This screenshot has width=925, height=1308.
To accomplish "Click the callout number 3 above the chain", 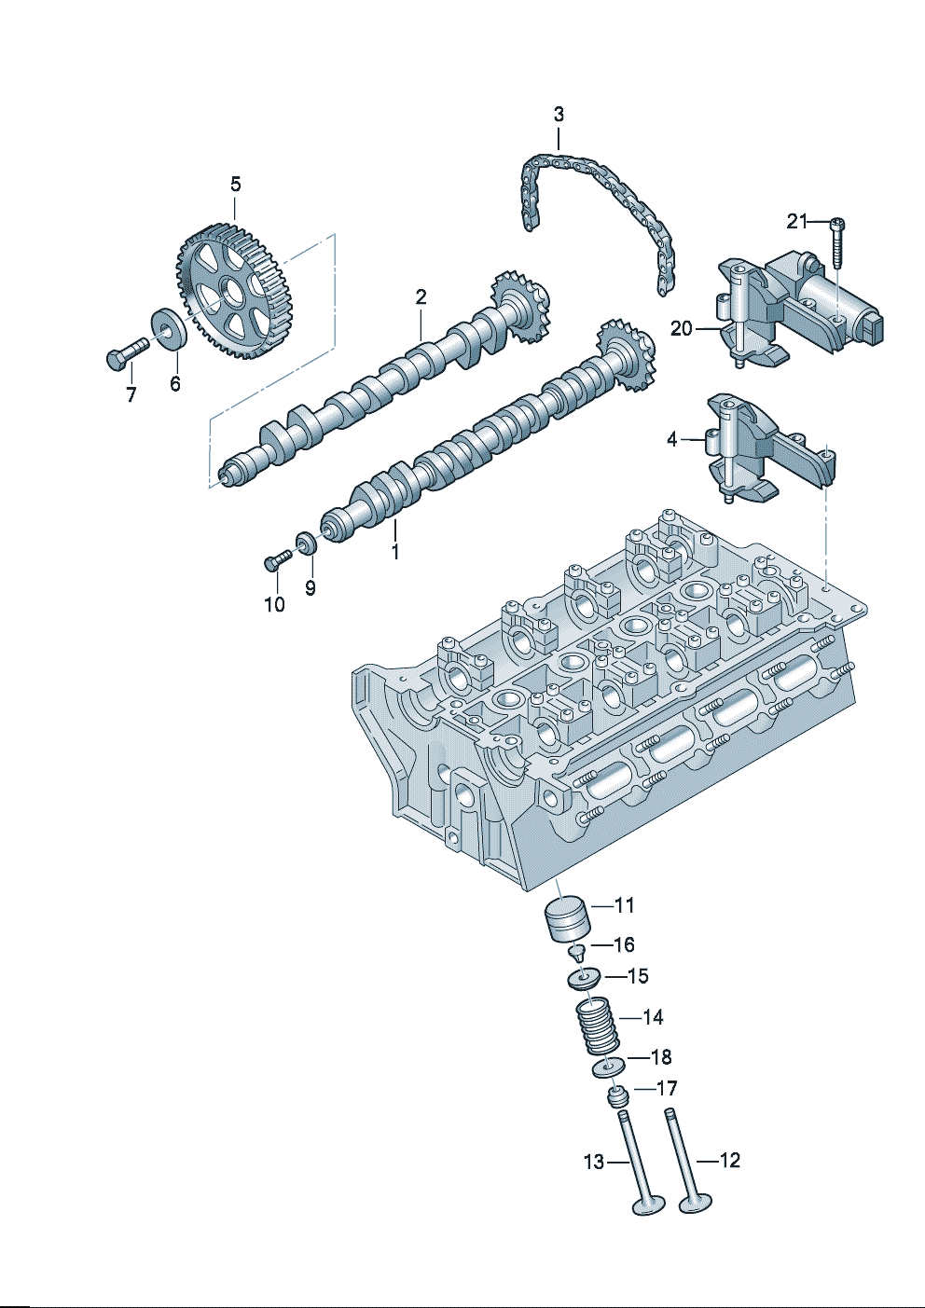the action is [559, 115].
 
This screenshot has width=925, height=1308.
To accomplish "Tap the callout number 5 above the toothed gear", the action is [235, 185].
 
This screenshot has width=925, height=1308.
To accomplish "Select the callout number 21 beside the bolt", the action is [797, 221].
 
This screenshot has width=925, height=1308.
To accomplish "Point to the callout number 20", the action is [681, 329].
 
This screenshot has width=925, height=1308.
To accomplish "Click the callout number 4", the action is [672, 439].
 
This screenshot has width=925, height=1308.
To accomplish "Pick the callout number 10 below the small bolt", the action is [274, 604].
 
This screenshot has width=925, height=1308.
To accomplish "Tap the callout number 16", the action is [624, 944].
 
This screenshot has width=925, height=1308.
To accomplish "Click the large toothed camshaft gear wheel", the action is [234, 290].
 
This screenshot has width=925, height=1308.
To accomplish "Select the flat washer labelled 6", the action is [170, 329].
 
